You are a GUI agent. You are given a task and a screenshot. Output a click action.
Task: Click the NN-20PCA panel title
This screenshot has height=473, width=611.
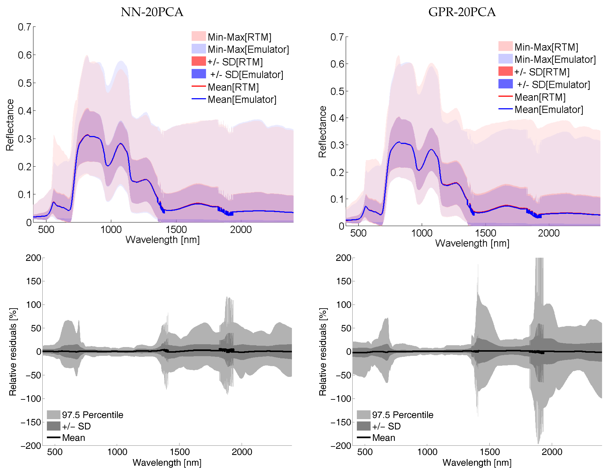tap(152, 12)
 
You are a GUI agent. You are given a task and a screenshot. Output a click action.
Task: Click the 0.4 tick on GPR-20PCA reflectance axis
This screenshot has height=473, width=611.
tap(337, 118)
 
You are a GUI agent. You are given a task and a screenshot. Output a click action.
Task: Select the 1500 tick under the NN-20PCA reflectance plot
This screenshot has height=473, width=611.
tap(176, 230)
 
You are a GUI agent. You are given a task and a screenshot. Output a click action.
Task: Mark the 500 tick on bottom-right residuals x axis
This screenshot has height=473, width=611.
tap(365, 452)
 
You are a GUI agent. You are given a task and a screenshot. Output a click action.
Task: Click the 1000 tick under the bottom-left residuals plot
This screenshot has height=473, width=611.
tap(117, 452)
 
